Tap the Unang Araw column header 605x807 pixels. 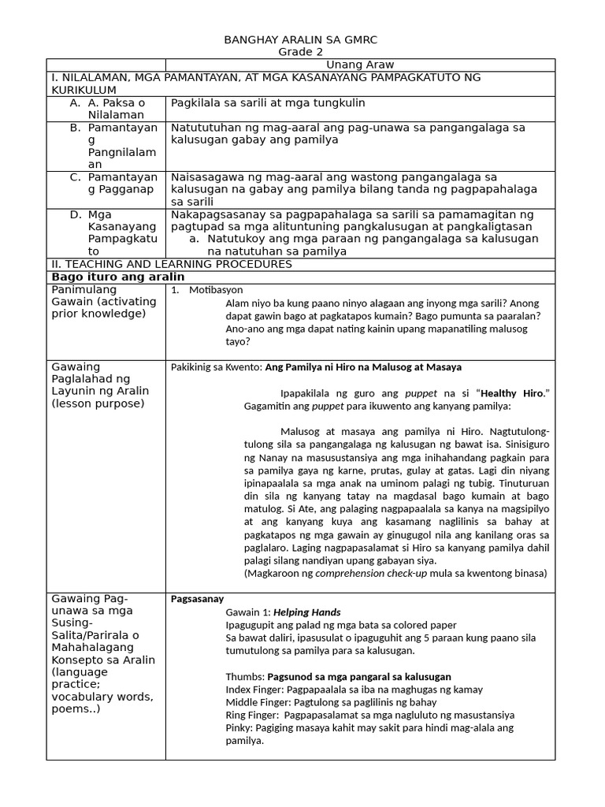359,65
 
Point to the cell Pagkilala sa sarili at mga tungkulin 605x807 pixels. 268,103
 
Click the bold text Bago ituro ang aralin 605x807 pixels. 118,277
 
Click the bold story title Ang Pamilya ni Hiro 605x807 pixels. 363,367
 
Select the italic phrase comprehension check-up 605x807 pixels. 369,573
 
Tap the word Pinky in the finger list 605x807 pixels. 239,727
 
